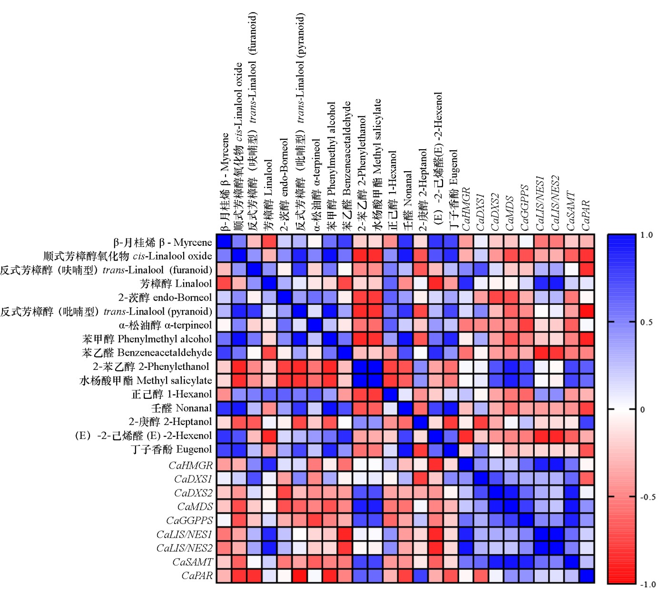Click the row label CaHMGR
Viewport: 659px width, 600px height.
tap(191, 465)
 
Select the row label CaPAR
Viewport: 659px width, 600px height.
tap(197, 576)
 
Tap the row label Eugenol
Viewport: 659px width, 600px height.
tap(172, 449)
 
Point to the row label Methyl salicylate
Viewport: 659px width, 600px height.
tap(146, 380)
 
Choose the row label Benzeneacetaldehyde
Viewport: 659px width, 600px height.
tap(147, 352)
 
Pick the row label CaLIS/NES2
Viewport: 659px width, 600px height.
tap(185, 548)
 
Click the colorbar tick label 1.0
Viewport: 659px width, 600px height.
tap(647, 235)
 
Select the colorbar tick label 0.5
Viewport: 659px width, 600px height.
tap(647, 322)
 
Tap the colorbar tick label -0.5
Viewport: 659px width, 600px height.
tap(648, 497)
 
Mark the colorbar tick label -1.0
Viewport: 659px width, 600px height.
tap(648, 584)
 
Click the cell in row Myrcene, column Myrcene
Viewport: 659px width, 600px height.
tap(224, 242)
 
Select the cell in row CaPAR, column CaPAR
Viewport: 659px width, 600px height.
tap(587, 576)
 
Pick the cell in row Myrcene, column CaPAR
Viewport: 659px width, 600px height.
tap(587, 242)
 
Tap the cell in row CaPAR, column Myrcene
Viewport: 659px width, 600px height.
tap(224, 576)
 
